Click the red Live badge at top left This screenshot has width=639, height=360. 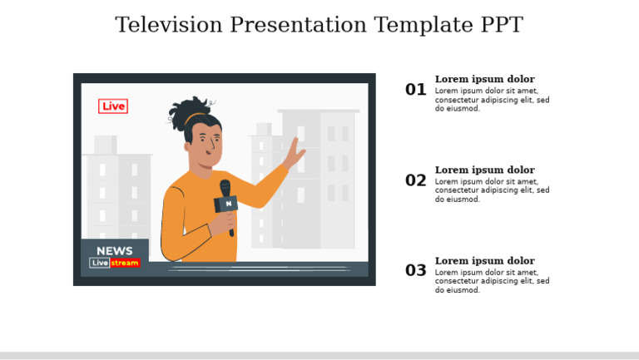[x=113, y=106]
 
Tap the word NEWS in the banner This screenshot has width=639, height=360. [x=114, y=251]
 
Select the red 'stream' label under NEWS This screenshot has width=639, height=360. [x=125, y=264]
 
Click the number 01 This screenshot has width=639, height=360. [x=415, y=90]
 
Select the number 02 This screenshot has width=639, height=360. [x=415, y=180]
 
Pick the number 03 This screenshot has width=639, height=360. [x=415, y=271]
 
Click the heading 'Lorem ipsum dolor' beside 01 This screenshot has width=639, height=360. [x=484, y=80]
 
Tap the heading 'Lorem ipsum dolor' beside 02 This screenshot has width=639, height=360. [x=484, y=170]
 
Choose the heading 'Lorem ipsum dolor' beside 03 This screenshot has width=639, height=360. [x=484, y=261]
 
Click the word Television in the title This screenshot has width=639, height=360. [x=169, y=25]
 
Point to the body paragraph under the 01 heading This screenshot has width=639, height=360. [x=492, y=100]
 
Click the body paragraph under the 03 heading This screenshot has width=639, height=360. [x=492, y=282]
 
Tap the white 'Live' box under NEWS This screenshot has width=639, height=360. [x=100, y=264]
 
